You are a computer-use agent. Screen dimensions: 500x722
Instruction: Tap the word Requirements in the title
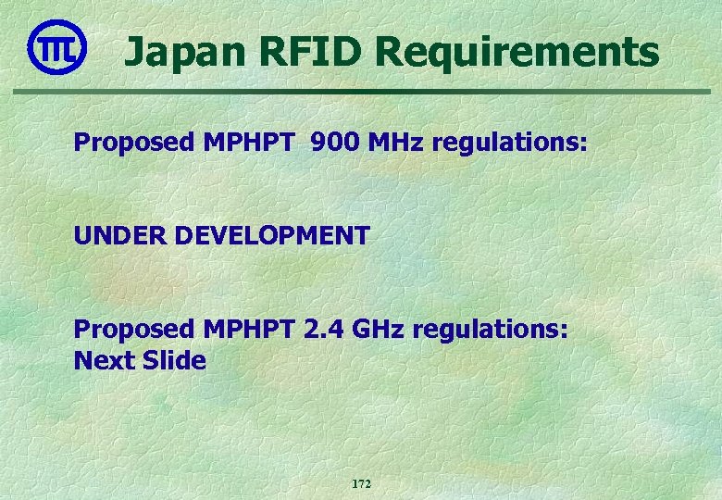tap(517, 53)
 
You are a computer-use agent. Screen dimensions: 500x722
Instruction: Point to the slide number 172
tap(361, 484)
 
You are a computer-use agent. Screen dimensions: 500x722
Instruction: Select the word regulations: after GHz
tap(492, 330)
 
